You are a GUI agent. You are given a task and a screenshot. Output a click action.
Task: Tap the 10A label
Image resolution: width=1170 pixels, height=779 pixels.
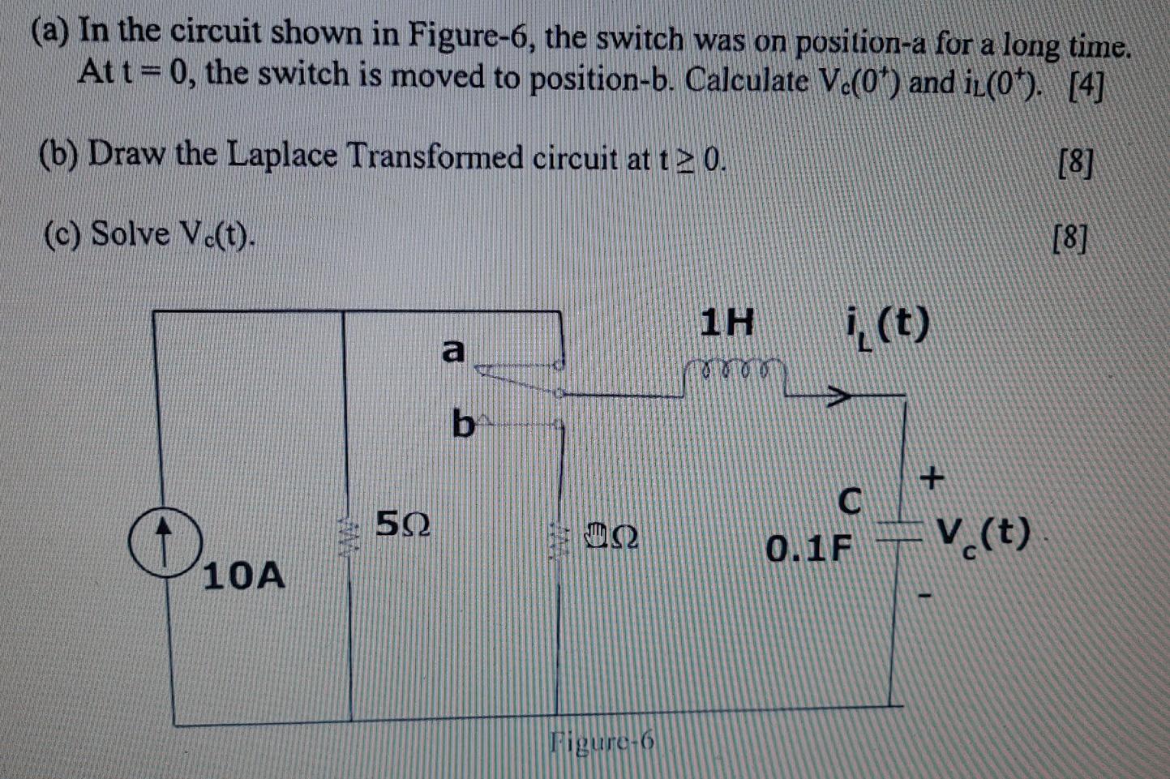243,576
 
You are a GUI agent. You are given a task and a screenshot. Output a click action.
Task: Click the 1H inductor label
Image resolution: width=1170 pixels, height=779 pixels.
727,325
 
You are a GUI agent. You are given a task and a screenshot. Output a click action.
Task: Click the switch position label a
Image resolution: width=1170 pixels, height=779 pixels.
453,350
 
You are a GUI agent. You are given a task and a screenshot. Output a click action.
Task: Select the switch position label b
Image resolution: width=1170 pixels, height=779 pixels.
462,423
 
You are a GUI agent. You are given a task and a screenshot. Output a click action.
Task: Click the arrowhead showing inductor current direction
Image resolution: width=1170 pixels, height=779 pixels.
840,396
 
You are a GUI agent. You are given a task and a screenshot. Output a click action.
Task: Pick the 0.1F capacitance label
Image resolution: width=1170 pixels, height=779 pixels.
809,550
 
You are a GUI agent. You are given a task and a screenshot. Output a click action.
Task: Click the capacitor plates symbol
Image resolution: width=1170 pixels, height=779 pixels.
902,532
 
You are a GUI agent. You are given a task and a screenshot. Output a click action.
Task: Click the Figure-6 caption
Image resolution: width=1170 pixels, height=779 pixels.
601,742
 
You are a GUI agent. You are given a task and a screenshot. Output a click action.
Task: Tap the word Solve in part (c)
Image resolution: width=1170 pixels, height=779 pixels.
130,234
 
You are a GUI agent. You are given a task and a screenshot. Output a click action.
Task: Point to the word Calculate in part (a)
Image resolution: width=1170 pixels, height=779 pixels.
747,82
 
